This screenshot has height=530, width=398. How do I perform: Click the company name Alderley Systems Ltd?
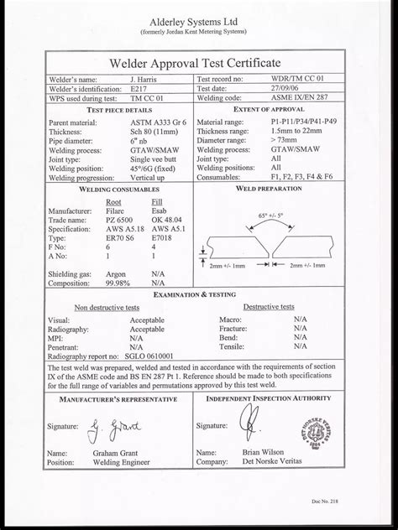[198, 13]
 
